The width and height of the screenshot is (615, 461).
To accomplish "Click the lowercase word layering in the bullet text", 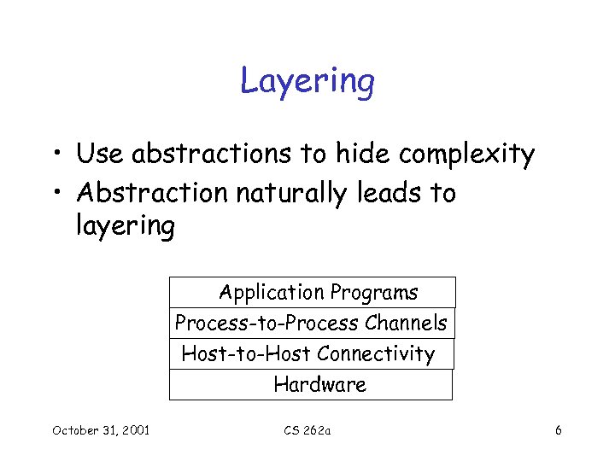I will [x=126, y=228].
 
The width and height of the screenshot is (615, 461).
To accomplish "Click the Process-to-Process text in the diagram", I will [x=266, y=324].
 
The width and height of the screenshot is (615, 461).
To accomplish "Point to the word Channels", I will [x=406, y=324].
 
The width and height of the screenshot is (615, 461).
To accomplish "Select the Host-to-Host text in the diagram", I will [x=247, y=353].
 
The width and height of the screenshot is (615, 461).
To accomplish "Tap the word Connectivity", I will [x=376, y=353].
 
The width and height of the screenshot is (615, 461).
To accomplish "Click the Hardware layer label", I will [x=319, y=385].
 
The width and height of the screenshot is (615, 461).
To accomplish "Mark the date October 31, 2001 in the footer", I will [x=101, y=430].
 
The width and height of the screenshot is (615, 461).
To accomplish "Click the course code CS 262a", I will [x=307, y=430].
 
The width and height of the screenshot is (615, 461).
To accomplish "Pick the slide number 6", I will [x=558, y=430].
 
